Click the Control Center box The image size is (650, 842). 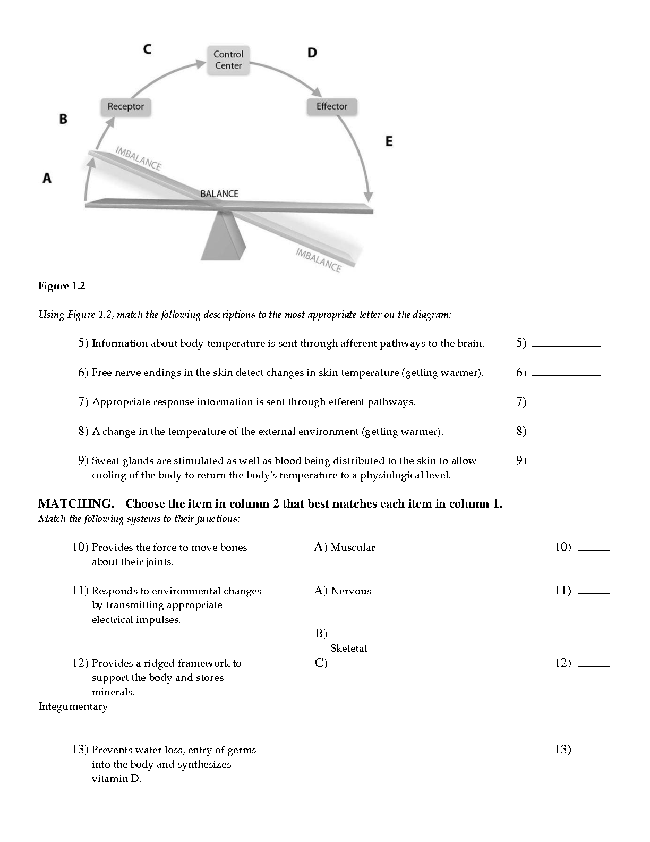[x=228, y=60]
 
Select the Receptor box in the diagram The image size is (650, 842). [x=126, y=107]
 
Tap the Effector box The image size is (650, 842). [x=332, y=106]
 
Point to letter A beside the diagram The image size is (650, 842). [x=47, y=178]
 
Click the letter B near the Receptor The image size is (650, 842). [x=63, y=119]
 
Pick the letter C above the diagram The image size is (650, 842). [x=147, y=49]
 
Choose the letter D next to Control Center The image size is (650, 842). [x=312, y=53]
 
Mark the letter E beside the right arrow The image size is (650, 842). [x=389, y=141]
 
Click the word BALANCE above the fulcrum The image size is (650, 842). [x=219, y=193]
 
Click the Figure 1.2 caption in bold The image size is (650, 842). [x=62, y=286]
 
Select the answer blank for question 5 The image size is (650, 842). [x=566, y=345]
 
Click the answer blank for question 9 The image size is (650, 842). [x=566, y=462]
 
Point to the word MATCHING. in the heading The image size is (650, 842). [x=76, y=503]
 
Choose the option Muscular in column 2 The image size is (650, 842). [x=353, y=548]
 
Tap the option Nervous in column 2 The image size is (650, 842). [x=351, y=591]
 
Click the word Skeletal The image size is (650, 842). [x=349, y=649]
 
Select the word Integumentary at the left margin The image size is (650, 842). [x=73, y=706]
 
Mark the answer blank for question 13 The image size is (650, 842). [x=593, y=752]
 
